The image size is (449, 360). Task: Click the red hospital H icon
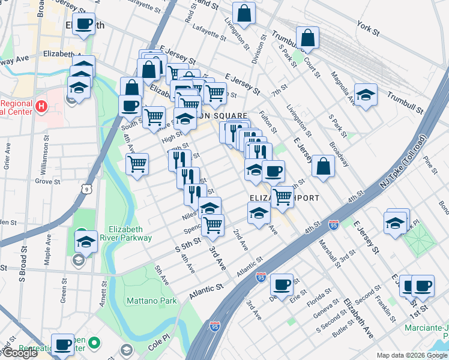tap(41, 107)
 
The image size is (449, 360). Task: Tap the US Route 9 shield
tap(88, 189)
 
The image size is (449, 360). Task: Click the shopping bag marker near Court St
tap(307, 38)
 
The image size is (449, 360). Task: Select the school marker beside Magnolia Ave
tap(365, 95)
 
